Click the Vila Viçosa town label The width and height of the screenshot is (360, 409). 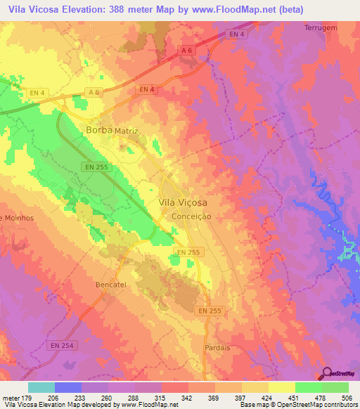[183, 202]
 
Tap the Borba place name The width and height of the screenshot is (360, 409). [98, 130]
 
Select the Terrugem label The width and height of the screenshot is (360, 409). [321, 27]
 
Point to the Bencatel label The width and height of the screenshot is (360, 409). [110, 285]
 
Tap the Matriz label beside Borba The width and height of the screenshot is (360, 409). [127, 131]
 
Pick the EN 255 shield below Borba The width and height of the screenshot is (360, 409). [96, 166]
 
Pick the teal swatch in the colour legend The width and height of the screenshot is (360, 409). [41, 387]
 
